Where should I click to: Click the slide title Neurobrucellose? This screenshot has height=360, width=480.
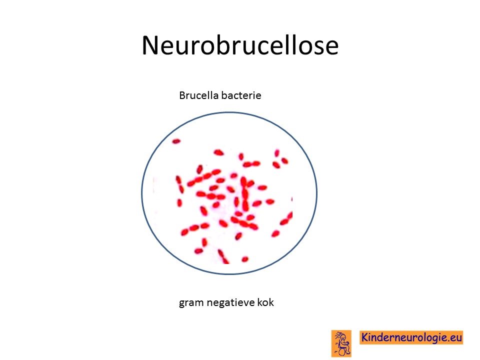pos(240,45)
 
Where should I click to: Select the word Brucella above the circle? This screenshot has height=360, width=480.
pos(198,95)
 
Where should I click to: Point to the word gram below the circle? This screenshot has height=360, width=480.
pos(191,303)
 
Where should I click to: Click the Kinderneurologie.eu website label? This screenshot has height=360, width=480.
pos(411,337)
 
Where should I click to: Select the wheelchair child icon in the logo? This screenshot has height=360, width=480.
pos(341,343)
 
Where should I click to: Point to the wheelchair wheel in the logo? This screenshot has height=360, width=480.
pos(342,351)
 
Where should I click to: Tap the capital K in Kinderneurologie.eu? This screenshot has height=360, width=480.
pos(365,337)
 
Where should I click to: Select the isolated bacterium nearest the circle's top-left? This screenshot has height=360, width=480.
pos(176,141)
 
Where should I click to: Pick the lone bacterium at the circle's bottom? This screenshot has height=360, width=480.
pos(245,259)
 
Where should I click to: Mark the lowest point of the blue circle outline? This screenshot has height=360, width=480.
pos(229,274)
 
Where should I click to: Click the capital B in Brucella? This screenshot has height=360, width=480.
pos(182,95)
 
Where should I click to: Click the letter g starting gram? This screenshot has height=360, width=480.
pos(182,303)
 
